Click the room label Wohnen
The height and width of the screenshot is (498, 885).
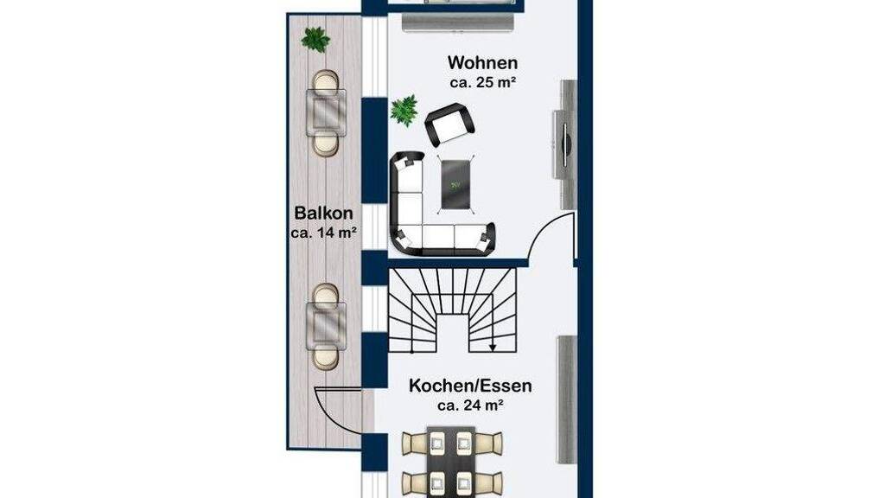(x=482, y=62)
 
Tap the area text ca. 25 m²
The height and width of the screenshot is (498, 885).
(x=483, y=82)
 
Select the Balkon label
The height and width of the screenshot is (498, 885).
(x=323, y=213)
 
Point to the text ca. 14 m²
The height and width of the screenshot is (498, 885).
(x=323, y=232)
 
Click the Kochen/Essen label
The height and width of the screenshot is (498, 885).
(x=470, y=386)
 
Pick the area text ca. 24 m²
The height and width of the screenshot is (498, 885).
(x=470, y=405)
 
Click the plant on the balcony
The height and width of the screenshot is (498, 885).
(x=315, y=40)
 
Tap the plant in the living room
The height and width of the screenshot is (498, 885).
(x=404, y=110)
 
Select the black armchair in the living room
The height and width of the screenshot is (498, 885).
(x=449, y=124)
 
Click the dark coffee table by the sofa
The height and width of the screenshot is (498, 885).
(x=455, y=185)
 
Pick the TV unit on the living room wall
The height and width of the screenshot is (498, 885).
(x=563, y=144)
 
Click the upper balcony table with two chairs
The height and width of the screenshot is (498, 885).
(x=326, y=113)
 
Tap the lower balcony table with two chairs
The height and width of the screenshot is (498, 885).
(x=326, y=326)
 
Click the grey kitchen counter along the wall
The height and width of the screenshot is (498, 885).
(x=567, y=399)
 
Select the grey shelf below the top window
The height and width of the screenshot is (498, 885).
(x=458, y=22)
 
